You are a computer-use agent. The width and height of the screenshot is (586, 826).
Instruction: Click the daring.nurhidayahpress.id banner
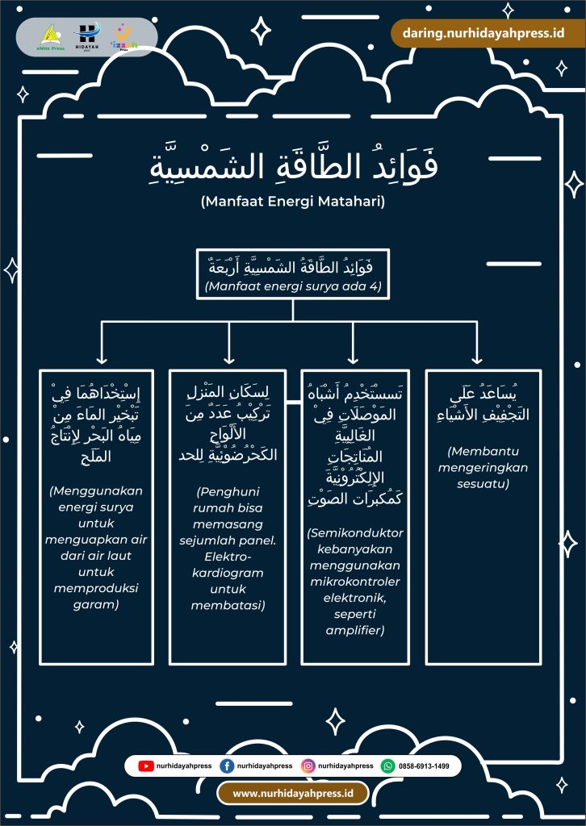(x=477, y=33)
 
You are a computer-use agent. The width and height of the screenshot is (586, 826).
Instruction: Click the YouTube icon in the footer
(x=146, y=766)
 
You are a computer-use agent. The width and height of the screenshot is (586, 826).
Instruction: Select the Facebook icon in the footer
(x=227, y=766)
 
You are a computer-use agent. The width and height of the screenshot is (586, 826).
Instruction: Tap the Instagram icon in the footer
(x=308, y=766)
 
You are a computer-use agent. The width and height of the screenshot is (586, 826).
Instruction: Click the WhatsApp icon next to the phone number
(x=388, y=766)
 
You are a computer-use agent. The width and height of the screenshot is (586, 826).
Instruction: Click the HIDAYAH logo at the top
(x=87, y=35)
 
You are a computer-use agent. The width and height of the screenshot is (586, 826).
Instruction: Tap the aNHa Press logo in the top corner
(x=51, y=36)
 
